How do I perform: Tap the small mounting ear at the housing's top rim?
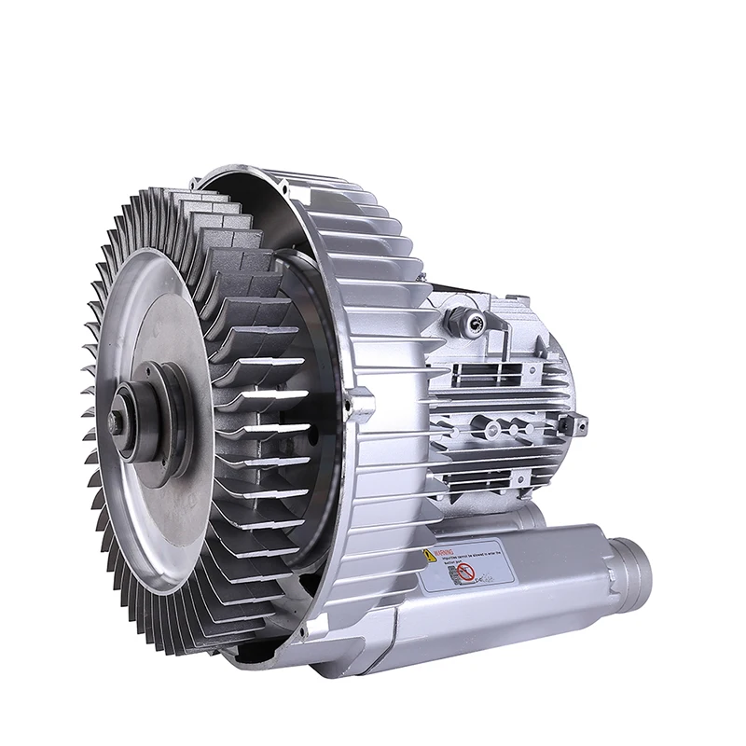(213, 174)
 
